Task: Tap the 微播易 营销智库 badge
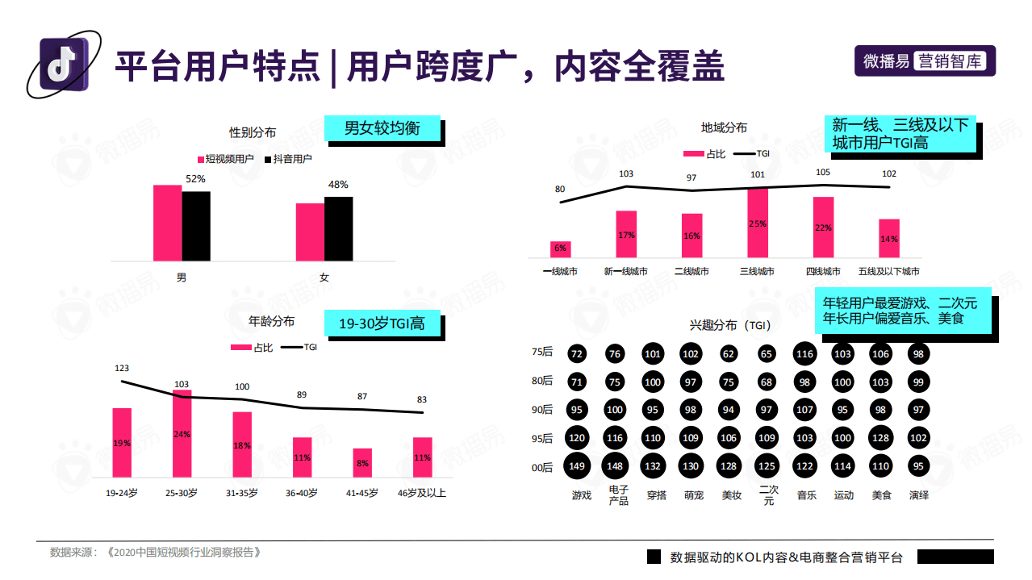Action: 925,61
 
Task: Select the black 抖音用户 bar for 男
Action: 196,226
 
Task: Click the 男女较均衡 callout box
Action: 383,129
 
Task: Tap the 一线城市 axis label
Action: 560,272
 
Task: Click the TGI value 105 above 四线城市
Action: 822,173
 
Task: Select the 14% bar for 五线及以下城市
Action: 889,239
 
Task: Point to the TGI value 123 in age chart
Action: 122,369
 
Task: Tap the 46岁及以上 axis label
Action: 423,492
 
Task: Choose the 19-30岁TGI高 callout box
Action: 384,324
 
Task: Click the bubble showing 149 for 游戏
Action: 576,466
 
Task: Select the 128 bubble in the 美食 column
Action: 880,438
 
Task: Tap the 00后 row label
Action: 542,467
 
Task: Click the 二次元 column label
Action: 769,495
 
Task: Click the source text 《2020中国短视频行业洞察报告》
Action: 186,553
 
